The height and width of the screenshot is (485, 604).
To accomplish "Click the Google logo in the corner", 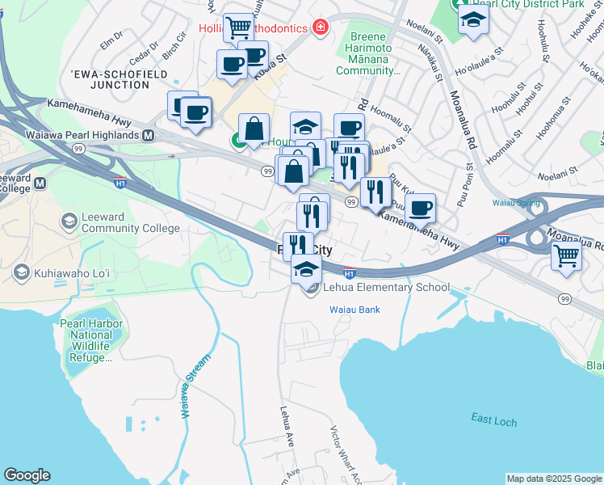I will (27, 475).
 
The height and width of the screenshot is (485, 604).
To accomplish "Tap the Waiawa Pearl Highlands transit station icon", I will (149, 136).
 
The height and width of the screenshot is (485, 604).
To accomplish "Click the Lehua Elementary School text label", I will (386, 287).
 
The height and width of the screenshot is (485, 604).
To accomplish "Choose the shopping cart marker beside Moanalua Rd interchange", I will (567, 257).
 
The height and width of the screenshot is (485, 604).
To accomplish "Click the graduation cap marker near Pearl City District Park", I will (473, 20).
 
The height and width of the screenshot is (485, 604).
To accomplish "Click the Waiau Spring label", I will (515, 203).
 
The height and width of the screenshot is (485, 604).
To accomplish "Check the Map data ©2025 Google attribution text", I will (554, 479).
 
